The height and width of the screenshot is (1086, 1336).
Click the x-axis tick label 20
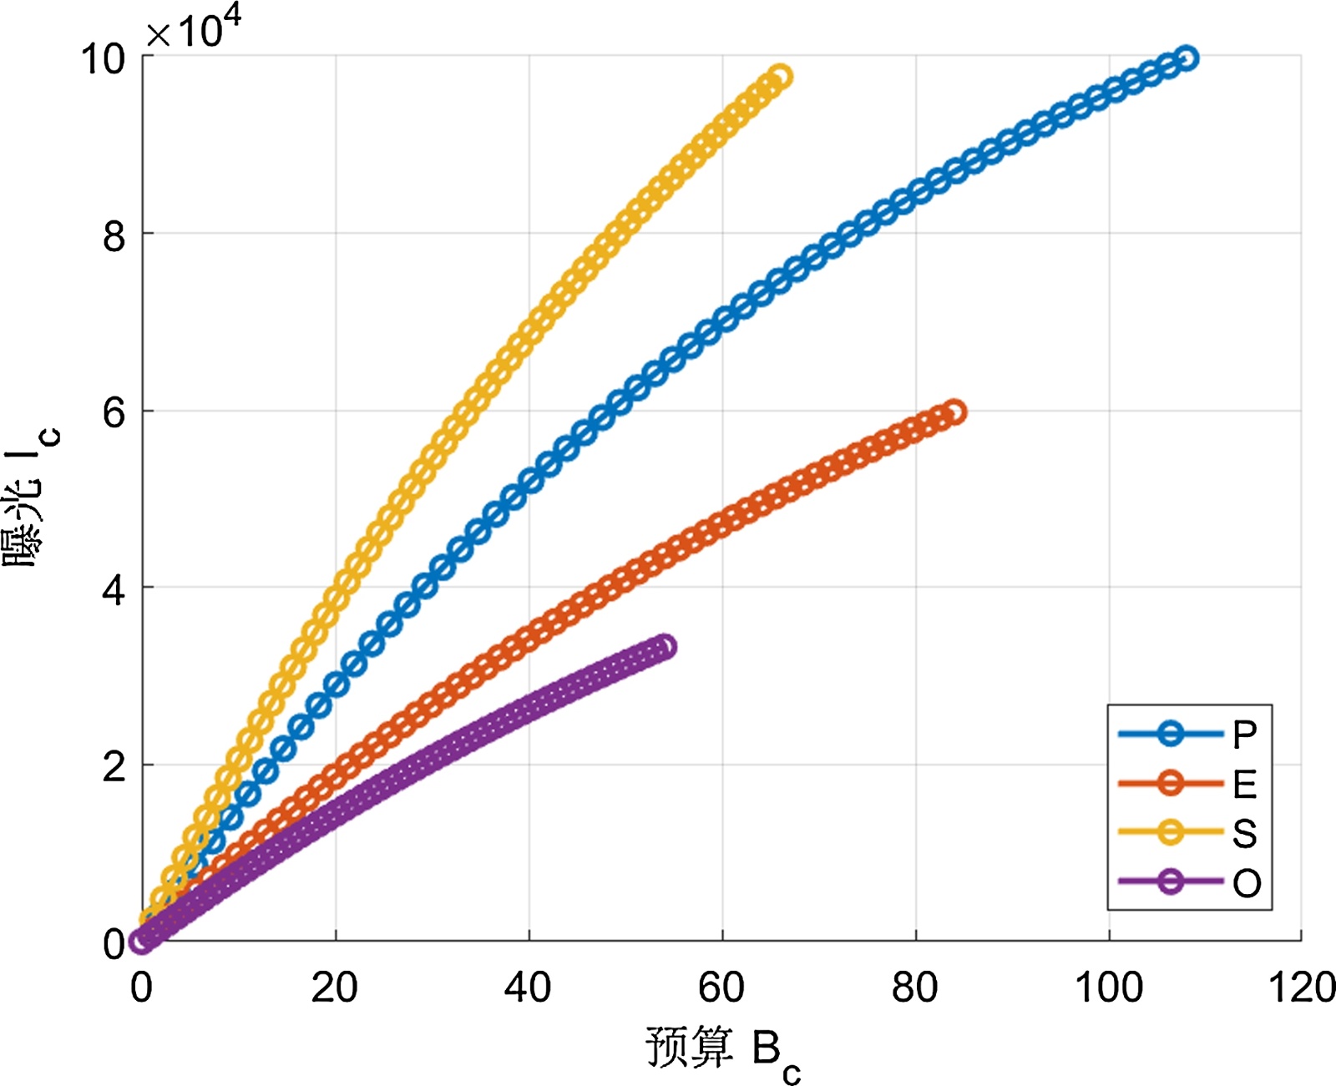click(x=335, y=988)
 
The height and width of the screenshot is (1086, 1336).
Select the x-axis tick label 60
click(x=721, y=988)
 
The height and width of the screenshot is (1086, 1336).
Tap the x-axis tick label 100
click(x=1108, y=988)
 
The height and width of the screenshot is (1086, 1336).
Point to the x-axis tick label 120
click(x=1301, y=988)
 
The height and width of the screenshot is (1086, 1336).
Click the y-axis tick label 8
click(x=114, y=236)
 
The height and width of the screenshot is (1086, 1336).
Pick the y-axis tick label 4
click(x=114, y=590)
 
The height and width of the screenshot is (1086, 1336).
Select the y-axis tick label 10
click(x=103, y=59)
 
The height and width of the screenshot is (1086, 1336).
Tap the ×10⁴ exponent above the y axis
click(x=194, y=30)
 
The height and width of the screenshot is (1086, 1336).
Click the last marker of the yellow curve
click(x=779, y=78)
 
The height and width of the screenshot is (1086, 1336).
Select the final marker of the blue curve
click(x=1186, y=58)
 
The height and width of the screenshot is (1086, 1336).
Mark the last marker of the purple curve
click(x=664, y=647)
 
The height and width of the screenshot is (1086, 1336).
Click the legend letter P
click(x=1244, y=735)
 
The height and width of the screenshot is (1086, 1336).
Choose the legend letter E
click(x=1244, y=784)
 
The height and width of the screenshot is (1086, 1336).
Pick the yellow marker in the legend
click(x=1171, y=832)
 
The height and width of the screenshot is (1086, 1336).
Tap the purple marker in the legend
click(x=1171, y=881)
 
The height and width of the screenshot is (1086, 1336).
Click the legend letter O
click(x=1246, y=883)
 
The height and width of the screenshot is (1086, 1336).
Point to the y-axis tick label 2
click(x=114, y=767)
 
